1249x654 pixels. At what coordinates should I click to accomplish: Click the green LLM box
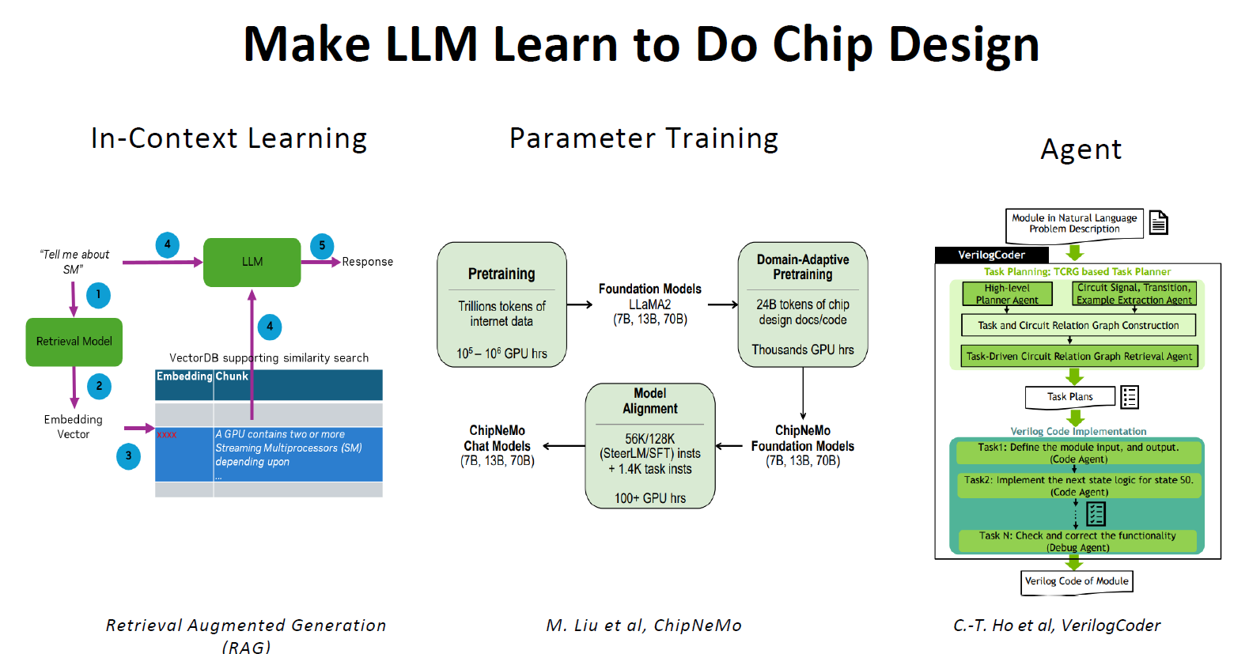(252, 262)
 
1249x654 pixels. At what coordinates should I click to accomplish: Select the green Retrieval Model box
(74, 342)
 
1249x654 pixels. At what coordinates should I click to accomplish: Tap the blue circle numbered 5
(322, 246)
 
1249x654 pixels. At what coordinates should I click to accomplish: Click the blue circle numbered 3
(128, 456)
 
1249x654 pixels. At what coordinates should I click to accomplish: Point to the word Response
(367, 262)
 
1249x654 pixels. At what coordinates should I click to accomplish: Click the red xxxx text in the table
(167, 435)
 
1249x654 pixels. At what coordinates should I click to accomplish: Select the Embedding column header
(184, 376)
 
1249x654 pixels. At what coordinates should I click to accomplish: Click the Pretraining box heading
(501, 274)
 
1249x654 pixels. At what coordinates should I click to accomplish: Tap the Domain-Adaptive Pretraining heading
(802, 267)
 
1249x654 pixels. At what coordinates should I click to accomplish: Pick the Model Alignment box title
(649, 401)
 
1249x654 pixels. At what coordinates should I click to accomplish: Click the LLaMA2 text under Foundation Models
(649, 304)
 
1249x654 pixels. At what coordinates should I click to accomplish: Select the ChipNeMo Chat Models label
(497, 438)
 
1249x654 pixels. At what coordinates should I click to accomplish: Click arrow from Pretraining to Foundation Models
(579, 304)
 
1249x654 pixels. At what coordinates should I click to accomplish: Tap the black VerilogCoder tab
(991, 255)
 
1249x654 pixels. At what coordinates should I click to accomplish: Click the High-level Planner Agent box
(1007, 294)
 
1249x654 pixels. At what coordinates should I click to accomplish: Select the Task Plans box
(1069, 396)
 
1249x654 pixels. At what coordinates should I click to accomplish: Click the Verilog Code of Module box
(1077, 581)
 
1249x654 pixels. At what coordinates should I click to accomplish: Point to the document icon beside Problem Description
(1158, 223)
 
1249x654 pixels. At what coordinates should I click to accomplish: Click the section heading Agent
(1081, 149)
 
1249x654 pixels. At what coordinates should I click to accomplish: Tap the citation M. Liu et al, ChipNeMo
(643, 626)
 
